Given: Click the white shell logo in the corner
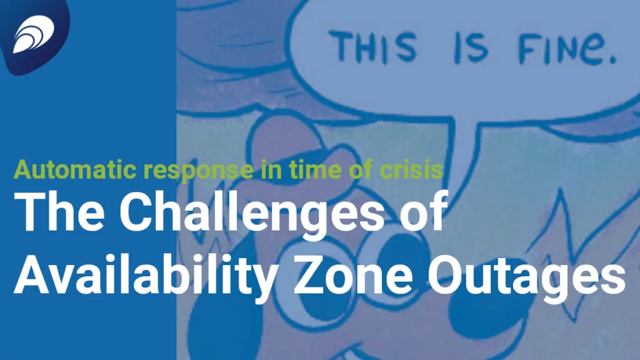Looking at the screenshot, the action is pos(34,34).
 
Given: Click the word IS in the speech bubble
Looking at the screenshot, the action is pos(471,48).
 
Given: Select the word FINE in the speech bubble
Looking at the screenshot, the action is pos(561,49).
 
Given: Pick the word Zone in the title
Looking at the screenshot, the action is pos(354,275).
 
